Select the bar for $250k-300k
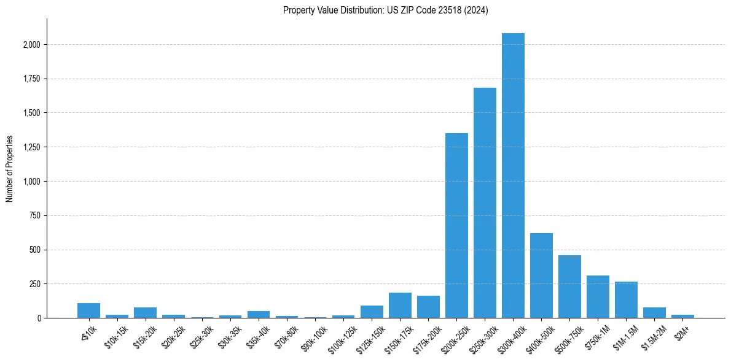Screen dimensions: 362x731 point(485,203)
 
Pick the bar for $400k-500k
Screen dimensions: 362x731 point(541,275)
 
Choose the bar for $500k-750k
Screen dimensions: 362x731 point(569,287)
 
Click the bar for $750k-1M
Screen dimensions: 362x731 point(598,297)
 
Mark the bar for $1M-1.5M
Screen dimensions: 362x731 point(626,300)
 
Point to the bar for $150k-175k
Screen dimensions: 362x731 point(400,306)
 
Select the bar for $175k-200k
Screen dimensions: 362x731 point(428,307)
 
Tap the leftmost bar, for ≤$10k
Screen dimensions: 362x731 point(88,310)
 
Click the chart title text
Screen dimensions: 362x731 point(386,10)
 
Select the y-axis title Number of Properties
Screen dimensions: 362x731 point(10,169)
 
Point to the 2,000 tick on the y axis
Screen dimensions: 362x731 point(32,45)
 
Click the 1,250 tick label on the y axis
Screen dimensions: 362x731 point(32,147)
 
